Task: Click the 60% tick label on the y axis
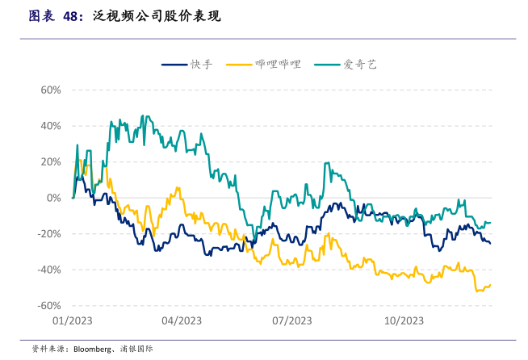50,90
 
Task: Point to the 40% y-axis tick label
50,126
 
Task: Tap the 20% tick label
50,161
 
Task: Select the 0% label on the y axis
53,198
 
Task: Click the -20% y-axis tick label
48,234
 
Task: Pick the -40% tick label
48,270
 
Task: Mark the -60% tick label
48,306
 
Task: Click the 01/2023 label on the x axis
72,320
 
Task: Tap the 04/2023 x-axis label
182,320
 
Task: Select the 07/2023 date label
291,320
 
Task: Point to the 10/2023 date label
403,320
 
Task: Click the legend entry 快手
201,64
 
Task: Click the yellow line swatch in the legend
240,64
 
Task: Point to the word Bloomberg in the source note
92,350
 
